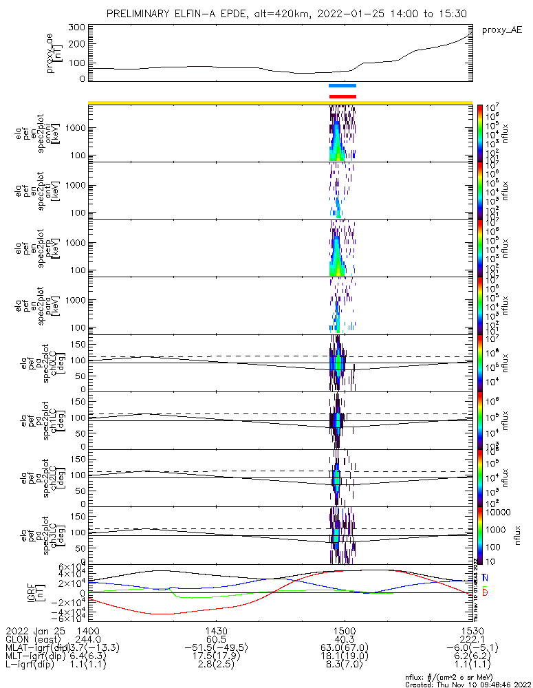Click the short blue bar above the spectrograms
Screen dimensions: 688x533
[x=342, y=86]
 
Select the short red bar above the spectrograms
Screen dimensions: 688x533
[x=342, y=96]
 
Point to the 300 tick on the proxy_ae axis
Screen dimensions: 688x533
[x=77, y=28]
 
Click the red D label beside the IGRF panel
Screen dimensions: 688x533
[x=486, y=593]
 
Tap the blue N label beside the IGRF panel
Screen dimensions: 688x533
[x=486, y=577]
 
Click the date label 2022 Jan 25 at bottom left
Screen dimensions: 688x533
[x=32, y=630]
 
